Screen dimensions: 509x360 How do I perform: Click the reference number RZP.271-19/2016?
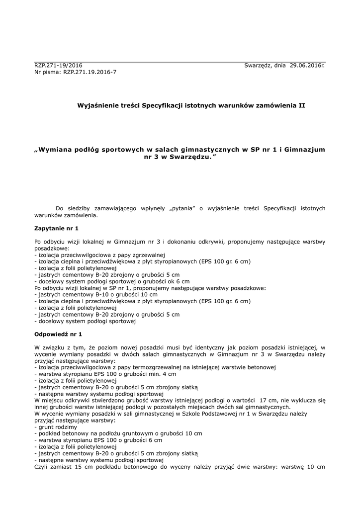click(58, 66)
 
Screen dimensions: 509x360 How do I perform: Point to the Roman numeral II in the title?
click(302, 105)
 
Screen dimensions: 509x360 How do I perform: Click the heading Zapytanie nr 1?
click(56, 228)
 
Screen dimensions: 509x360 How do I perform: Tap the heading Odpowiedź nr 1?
click(58, 334)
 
